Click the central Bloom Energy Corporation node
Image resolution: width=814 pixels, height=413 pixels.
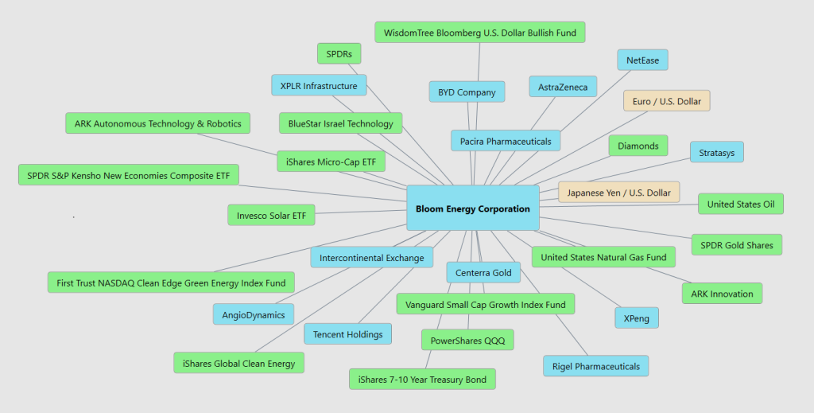point(473,208)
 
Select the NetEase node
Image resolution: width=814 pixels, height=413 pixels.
point(642,60)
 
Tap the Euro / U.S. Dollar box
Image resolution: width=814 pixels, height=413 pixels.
point(666,101)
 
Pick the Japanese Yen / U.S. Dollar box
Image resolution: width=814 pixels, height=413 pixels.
point(618,193)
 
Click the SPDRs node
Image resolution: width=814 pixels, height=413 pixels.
point(339,54)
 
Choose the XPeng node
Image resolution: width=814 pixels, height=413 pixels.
point(636,318)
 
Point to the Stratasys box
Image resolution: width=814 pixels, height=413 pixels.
point(716,152)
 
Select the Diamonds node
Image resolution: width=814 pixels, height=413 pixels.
point(638,146)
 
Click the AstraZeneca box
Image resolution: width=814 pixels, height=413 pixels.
point(563,87)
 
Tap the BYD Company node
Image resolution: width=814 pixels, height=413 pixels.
point(467,92)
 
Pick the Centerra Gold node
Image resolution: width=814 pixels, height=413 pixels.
point(483,273)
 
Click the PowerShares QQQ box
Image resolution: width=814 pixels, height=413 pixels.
point(467,341)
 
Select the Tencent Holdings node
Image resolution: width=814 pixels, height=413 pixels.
point(347,334)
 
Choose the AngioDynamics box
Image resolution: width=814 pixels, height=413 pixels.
point(254,314)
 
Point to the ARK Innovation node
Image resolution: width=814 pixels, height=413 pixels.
point(722,294)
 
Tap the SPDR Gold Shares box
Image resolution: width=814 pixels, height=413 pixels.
point(736,245)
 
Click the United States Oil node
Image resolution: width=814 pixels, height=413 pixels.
point(740,204)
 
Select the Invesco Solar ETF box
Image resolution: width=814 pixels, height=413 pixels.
point(271,216)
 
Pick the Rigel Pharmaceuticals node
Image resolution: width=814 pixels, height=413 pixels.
point(595,366)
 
